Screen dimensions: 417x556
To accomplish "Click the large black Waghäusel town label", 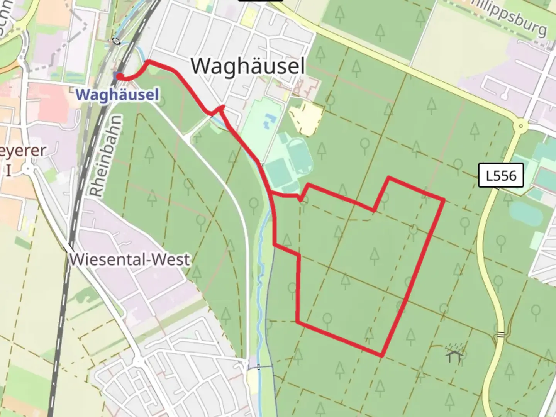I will click(248, 66).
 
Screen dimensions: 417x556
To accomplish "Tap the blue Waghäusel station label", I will click(117, 95).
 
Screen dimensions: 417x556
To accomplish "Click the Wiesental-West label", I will click(130, 259).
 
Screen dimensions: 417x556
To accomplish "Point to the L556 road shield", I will click(501, 176).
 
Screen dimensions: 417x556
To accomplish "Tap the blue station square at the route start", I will click(117, 75).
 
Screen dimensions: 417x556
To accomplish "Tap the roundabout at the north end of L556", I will click(521, 126).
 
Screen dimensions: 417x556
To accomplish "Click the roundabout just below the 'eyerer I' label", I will click(28, 169).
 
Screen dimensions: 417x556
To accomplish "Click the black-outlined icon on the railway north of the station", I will click(116, 41).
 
